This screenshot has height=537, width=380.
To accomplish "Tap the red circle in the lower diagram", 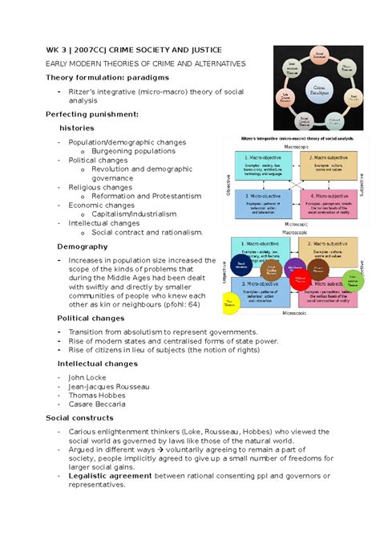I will [x=300, y=280].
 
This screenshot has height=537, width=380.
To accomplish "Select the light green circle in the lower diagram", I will [x=354, y=281].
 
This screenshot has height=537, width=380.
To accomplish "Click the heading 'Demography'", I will [x=77, y=246].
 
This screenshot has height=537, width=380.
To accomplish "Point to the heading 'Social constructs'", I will [x=79, y=417].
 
